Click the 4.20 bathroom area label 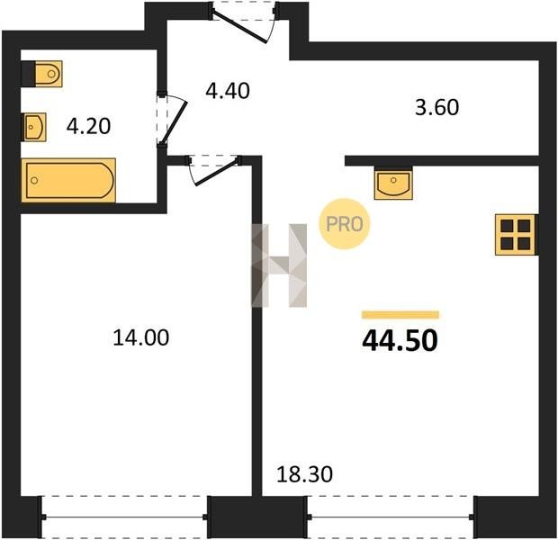(88, 126)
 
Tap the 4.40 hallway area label (228, 91)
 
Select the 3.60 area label (437, 107)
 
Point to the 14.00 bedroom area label (141, 337)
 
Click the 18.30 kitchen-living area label (304, 474)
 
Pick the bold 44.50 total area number (400, 340)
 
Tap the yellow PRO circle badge (344, 223)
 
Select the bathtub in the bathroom (68, 180)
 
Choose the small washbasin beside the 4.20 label (35, 127)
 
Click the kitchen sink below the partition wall (393, 184)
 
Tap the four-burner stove (516, 235)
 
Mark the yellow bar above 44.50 (400, 315)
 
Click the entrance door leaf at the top (239, 28)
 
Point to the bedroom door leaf (216, 174)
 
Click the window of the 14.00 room (124, 517)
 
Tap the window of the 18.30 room (391, 517)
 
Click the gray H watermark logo (279, 265)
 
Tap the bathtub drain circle (34, 181)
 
